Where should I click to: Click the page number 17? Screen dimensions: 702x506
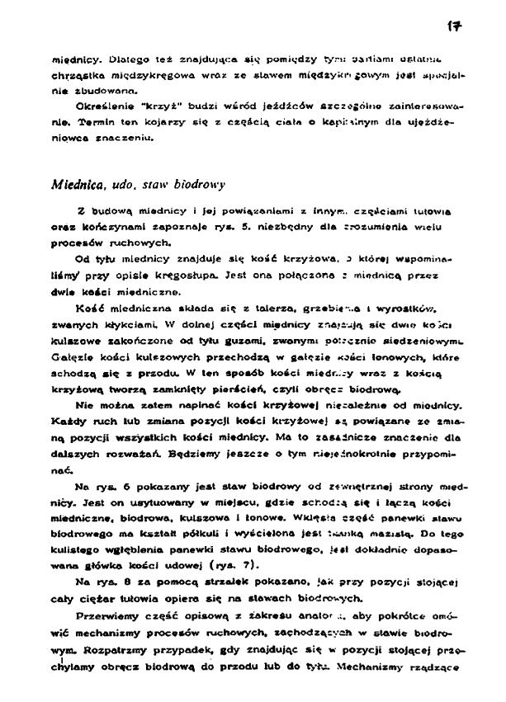pos(453,26)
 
